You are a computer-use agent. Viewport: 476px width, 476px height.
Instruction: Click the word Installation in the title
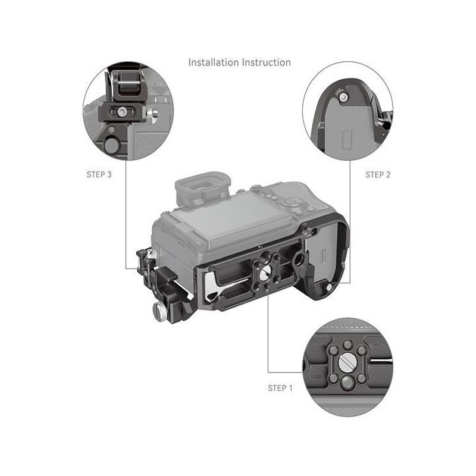point(214,62)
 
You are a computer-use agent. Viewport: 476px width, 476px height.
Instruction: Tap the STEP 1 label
point(280,389)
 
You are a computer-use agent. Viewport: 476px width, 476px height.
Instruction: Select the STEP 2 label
point(378,175)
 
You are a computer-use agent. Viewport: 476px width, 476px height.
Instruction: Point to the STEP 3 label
point(99,174)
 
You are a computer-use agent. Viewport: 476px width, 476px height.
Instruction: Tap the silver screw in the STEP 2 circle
point(344,97)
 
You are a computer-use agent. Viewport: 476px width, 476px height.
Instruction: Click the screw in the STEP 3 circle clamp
point(121,112)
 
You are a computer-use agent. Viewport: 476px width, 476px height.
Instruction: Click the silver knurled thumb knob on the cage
point(159,311)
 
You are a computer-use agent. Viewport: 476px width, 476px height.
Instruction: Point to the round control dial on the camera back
point(290,203)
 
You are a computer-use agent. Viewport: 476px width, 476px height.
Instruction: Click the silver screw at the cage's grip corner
point(328,287)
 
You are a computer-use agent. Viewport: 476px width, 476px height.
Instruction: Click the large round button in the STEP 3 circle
point(112,146)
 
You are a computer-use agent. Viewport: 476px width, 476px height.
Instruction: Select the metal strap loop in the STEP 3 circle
point(129,86)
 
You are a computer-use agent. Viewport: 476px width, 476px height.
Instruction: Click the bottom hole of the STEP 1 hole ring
point(346,383)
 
